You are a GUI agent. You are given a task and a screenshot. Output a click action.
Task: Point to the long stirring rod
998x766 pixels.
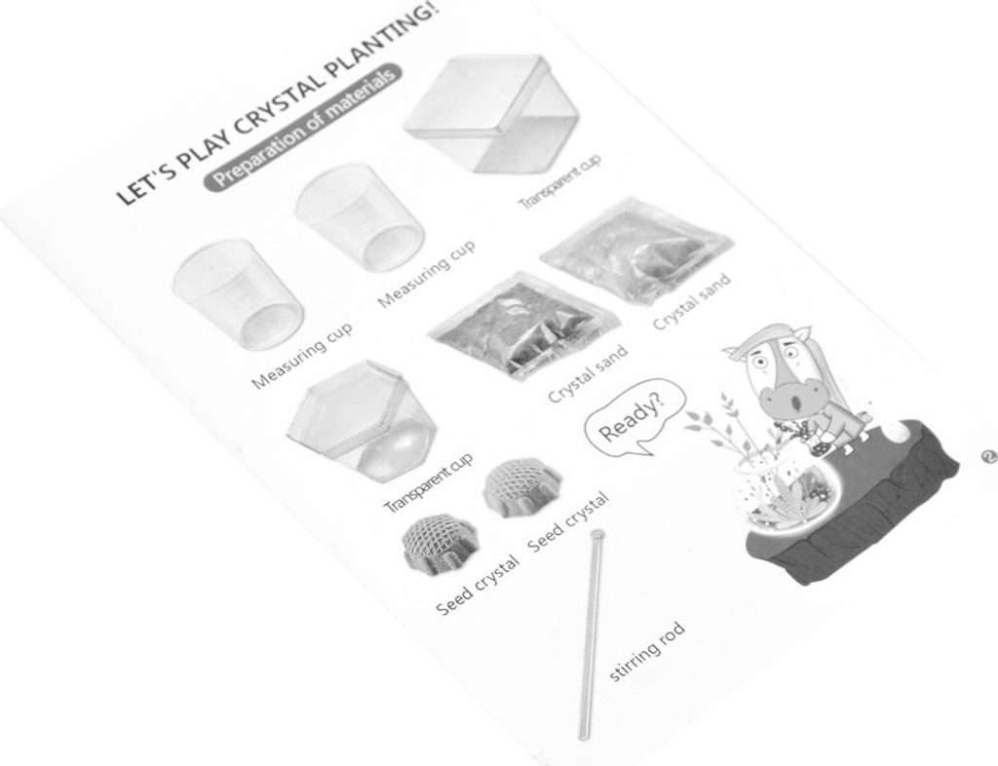[591, 634]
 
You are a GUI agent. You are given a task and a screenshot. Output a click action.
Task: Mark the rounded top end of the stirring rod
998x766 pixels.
[596, 534]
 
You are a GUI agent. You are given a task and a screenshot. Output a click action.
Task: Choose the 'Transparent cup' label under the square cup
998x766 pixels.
[560, 182]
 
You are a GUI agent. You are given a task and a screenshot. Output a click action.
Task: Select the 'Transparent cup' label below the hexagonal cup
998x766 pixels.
[429, 482]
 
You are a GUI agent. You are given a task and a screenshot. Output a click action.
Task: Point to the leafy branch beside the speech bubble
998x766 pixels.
[712, 426]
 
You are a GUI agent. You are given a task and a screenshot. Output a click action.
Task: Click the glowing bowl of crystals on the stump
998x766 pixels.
[789, 490]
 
